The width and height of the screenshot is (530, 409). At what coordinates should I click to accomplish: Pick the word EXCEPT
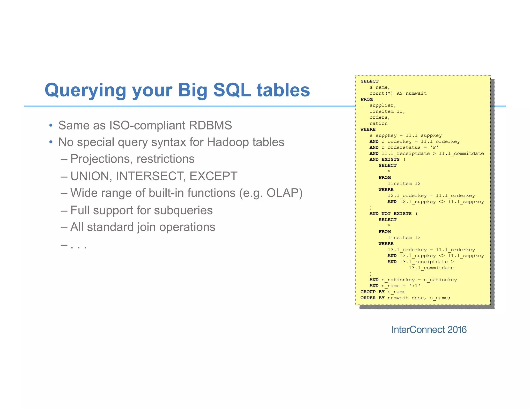[x=213, y=176]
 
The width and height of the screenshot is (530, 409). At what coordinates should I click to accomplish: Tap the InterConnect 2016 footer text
[x=429, y=330]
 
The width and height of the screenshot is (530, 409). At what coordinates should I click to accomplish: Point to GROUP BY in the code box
[x=372, y=292]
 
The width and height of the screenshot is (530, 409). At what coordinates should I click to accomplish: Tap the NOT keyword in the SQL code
[x=386, y=214]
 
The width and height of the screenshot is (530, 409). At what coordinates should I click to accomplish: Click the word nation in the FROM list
[x=378, y=124]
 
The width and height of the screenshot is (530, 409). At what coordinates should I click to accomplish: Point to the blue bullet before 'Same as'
[x=51, y=126]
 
